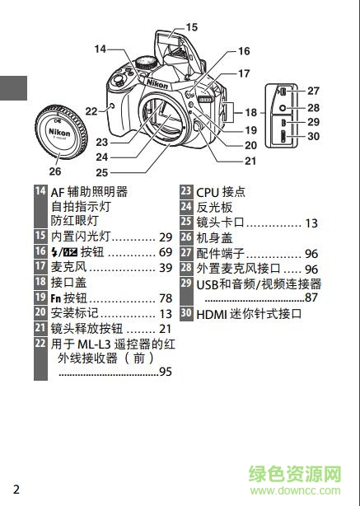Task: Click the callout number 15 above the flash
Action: pos(191,27)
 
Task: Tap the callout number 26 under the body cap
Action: pos(54,171)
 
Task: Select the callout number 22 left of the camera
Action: pos(91,110)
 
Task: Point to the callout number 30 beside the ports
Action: pos(313,137)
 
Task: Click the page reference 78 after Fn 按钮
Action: pos(165,298)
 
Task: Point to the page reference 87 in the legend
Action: pos(311,298)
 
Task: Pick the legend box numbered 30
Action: pos(186,313)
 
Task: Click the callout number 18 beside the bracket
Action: pos(250,111)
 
